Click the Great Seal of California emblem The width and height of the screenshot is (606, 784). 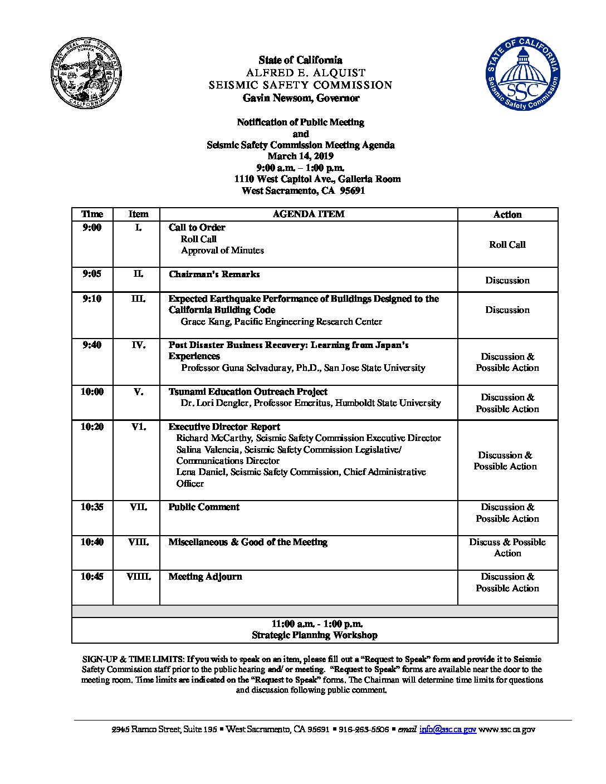[x=86, y=75]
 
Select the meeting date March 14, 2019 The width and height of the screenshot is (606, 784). [x=300, y=156]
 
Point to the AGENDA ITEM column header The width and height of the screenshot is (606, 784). [x=308, y=214]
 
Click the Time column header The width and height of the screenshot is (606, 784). [x=92, y=214]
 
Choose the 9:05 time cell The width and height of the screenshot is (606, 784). [x=92, y=274]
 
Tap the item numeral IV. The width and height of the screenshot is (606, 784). [x=138, y=345]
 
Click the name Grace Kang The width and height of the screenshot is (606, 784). [x=206, y=321]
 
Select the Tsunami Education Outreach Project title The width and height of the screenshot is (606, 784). [x=248, y=392]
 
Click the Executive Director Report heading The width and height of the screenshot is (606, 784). [x=224, y=427]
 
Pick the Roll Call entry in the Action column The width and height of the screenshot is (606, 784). [x=507, y=244]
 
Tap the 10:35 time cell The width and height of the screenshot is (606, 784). [x=92, y=507]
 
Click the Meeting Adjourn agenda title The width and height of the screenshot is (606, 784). [x=205, y=577]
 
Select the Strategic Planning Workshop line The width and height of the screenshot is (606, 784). [x=314, y=635]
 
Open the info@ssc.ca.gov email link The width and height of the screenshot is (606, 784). [x=447, y=729]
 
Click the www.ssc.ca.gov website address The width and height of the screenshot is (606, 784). [x=507, y=729]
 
